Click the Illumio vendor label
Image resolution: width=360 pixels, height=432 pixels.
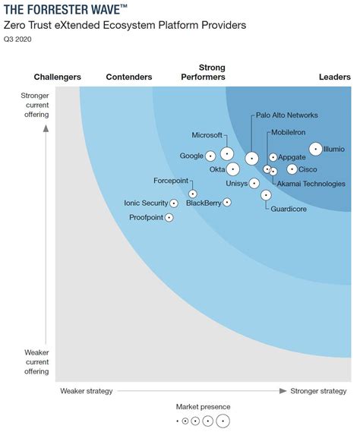click(333, 149)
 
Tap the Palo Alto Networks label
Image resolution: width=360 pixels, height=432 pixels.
click(286, 115)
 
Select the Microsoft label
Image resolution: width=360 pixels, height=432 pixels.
click(207, 135)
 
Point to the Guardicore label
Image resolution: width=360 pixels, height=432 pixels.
click(289, 209)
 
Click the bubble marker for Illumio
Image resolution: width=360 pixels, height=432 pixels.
click(315, 149)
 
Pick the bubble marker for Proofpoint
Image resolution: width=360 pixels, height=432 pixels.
click(169, 218)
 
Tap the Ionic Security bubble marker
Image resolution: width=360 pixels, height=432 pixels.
click(174, 203)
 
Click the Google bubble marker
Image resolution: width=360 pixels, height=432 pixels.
click(210, 156)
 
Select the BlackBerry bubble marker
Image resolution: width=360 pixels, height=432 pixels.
click(226, 203)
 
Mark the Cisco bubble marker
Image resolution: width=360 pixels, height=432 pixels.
click(292, 169)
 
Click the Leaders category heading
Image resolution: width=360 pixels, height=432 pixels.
click(335, 77)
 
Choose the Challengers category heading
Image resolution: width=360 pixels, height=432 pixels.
click(58, 77)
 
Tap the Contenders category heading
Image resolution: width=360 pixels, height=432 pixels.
click(129, 77)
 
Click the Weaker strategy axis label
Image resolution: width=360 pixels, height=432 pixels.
click(86, 391)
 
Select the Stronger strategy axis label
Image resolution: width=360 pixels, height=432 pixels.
click(318, 391)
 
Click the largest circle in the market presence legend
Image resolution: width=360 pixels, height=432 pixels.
click(223, 421)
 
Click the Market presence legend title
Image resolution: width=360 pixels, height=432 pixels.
click(203, 407)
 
